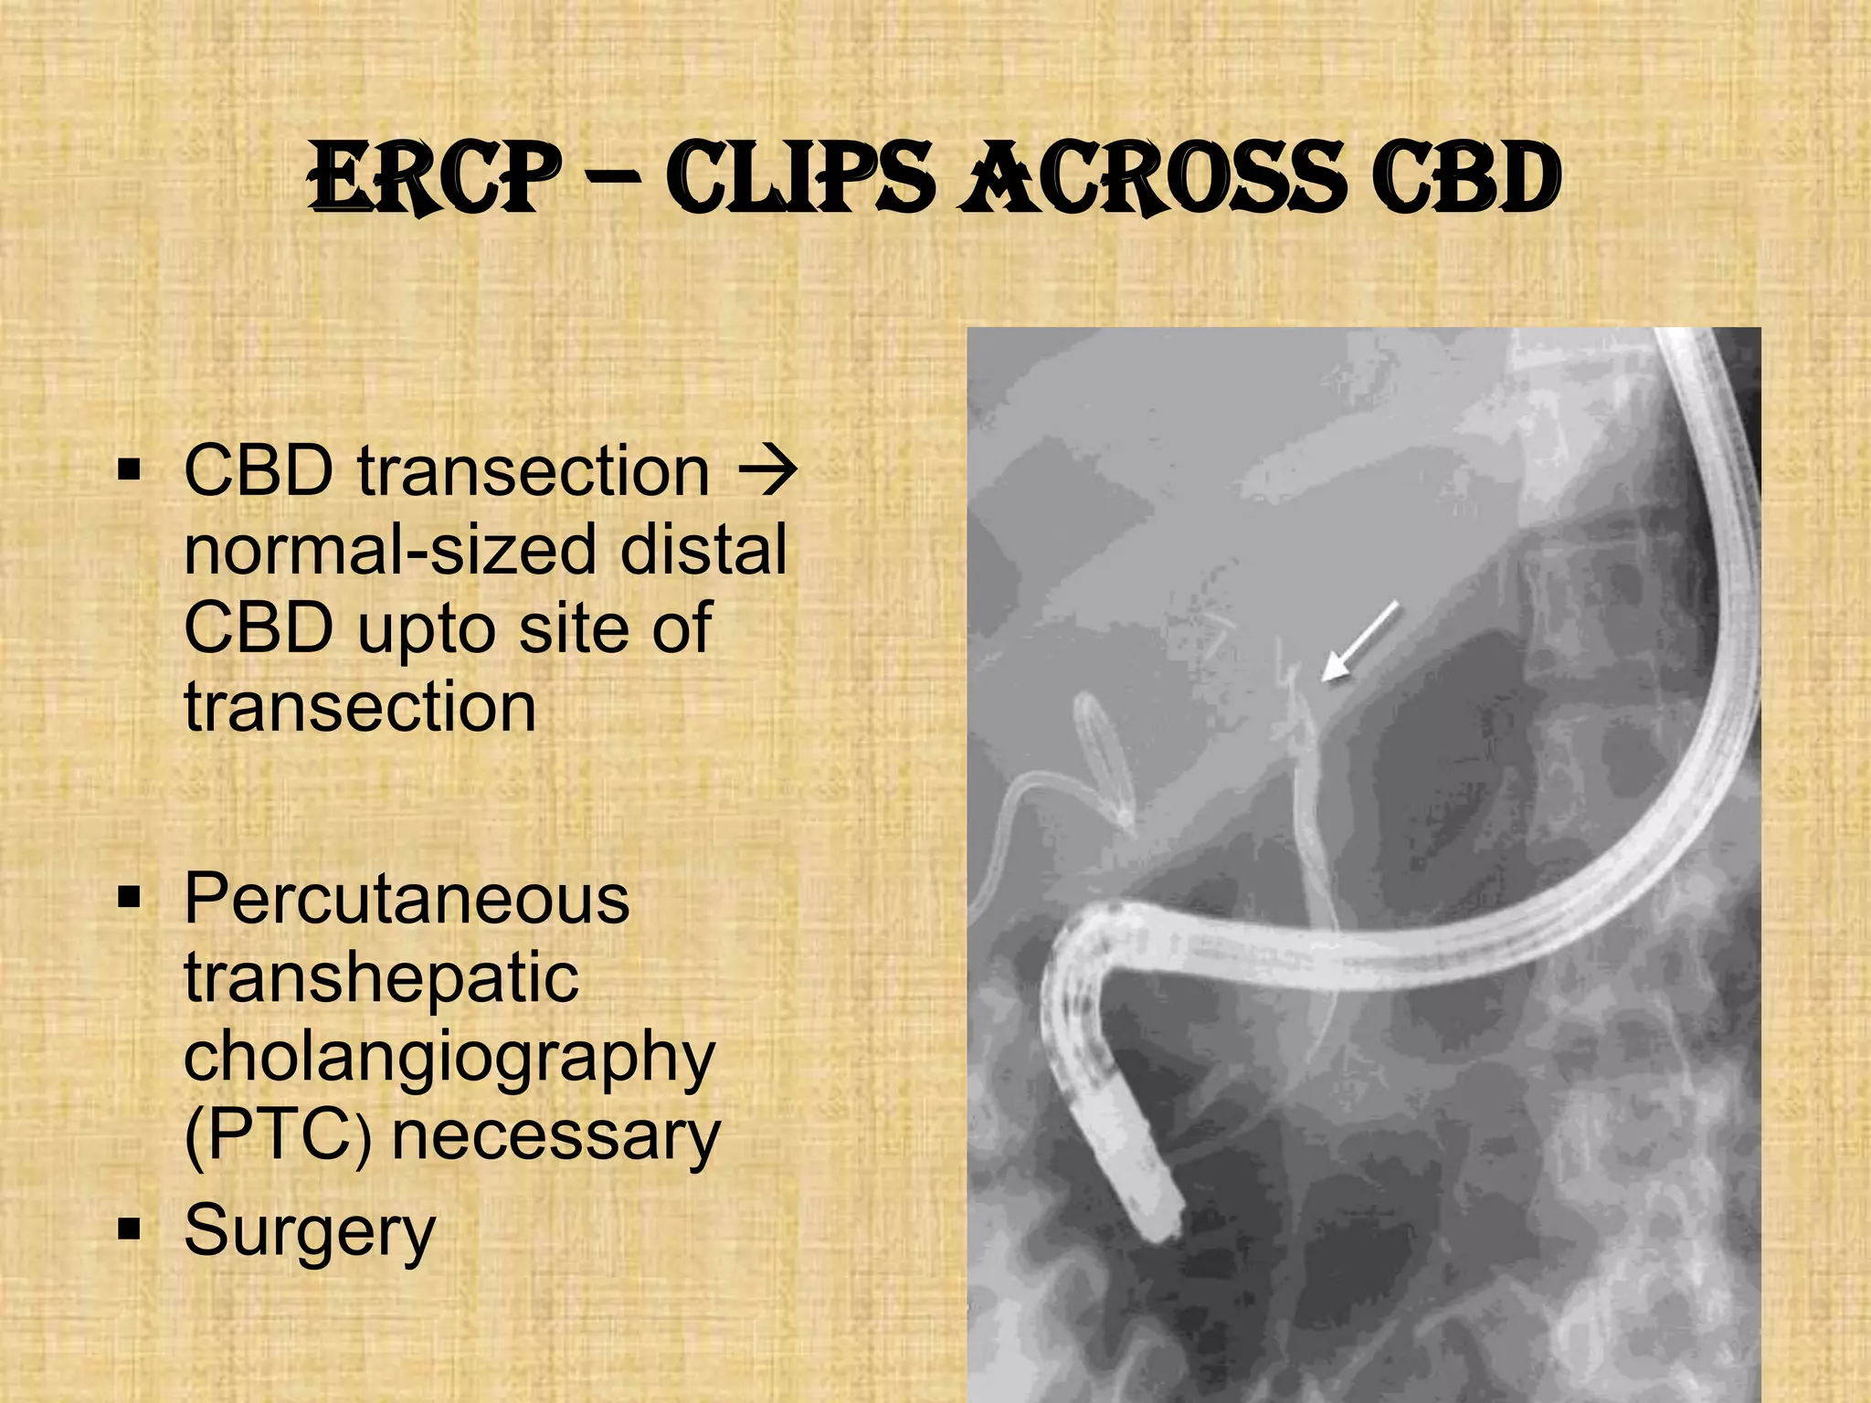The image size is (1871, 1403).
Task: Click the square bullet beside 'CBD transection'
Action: click(130, 472)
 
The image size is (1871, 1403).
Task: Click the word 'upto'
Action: click(428, 629)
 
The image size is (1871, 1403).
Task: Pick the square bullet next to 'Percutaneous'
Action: click(130, 899)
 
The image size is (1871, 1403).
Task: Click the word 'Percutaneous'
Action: click(407, 899)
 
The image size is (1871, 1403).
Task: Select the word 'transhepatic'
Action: click(381, 977)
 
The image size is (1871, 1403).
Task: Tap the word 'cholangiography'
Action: click(449, 1058)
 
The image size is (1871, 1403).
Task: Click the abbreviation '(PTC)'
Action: click(278, 1136)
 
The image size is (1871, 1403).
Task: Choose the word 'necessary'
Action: click(555, 1136)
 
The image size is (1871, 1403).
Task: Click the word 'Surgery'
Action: click(310, 1230)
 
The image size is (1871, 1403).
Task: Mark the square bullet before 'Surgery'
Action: click(130, 1230)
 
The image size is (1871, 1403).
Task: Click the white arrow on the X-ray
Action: click(1361, 641)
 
